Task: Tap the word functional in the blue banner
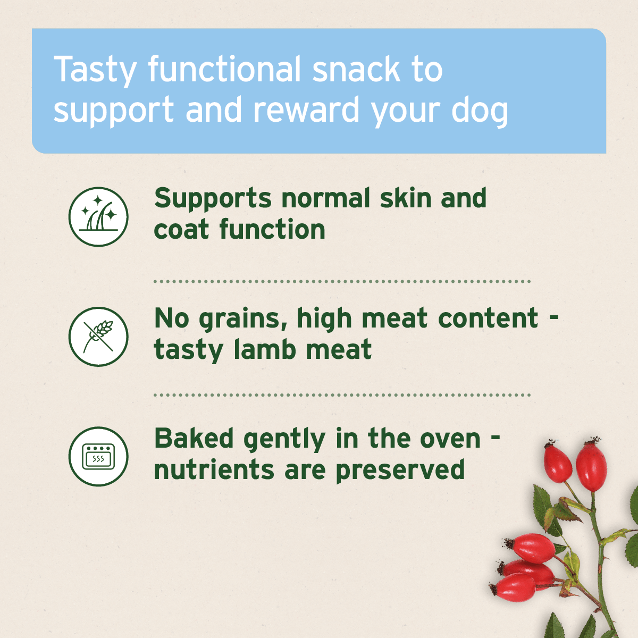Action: (x=224, y=70)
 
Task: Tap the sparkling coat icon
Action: (x=98, y=216)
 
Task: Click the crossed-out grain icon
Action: (x=98, y=337)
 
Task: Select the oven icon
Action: (x=98, y=456)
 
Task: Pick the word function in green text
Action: (x=272, y=230)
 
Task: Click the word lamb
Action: (x=264, y=349)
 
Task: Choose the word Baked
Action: (x=194, y=439)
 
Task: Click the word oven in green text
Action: (x=450, y=439)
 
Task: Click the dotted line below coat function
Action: (x=342, y=281)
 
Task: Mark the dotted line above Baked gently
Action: (x=342, y=395)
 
